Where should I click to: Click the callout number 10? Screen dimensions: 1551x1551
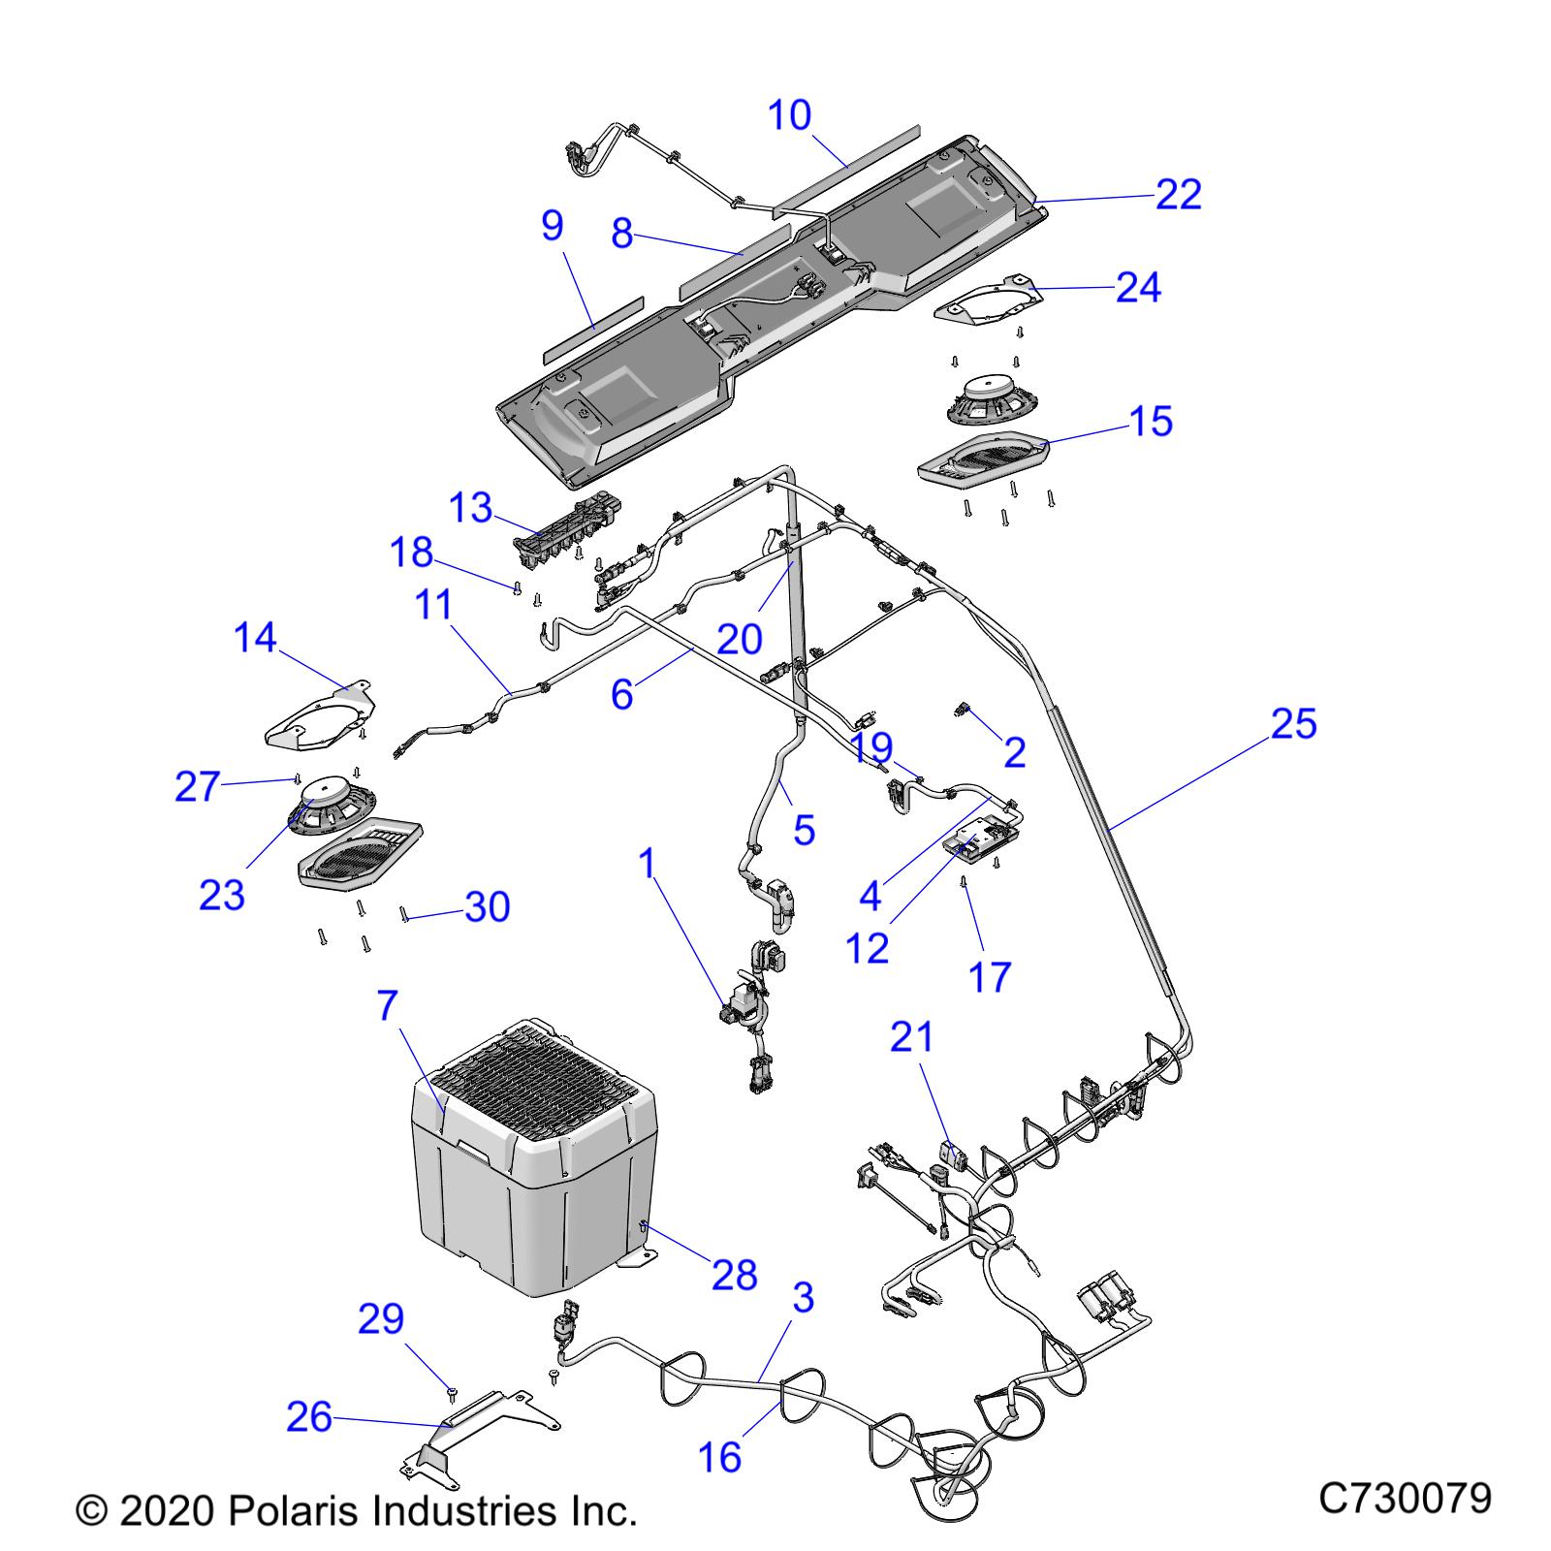[789, 115]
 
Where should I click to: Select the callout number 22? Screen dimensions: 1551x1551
[1179, 194]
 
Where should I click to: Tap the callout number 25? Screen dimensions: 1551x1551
[1294, 724]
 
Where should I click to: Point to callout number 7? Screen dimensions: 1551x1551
[388, 1006]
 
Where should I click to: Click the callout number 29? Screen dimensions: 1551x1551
[381, 1318]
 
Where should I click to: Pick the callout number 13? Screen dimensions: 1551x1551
[472, 508]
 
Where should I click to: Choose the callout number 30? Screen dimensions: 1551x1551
[488, 907]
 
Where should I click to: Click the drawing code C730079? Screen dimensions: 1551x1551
[1405, 1498]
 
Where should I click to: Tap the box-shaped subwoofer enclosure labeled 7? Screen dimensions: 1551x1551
[533, 1163]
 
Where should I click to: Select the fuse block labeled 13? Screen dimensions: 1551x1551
[567, 528]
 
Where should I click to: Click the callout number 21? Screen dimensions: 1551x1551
[912, 1037]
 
